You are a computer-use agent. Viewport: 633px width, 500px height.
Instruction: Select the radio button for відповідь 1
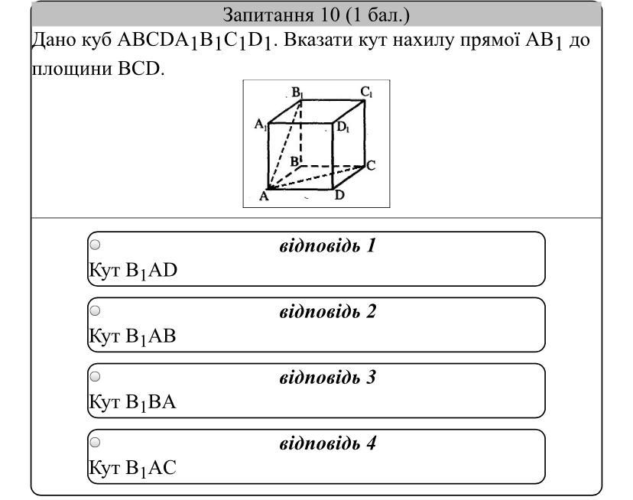coord(95,245)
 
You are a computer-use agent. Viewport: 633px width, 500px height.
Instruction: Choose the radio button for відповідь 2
coord(95,310)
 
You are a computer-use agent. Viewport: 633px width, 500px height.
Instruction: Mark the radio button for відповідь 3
coord(95,376)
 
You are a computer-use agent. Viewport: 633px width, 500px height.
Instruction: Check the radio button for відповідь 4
coord(95,442)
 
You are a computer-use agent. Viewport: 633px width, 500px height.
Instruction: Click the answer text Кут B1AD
coord(133,271)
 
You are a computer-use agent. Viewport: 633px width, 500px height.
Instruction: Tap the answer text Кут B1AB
coord(133,336)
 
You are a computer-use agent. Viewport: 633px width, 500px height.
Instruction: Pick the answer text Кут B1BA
coord(133,402)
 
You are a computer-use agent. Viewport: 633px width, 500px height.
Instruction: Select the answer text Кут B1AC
coord(133,468)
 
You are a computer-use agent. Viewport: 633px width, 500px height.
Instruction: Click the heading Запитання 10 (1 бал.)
coord(316,15)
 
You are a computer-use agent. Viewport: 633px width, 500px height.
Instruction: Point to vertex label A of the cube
coord(264,196)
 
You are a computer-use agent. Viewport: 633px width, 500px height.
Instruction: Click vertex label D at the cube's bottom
coord(339,195)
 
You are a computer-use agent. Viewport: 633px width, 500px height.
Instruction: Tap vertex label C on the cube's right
coord(371,165)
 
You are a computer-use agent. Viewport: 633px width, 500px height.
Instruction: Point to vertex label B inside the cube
coord(294,161)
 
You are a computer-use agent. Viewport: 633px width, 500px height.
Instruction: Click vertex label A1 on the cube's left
coord(261,125)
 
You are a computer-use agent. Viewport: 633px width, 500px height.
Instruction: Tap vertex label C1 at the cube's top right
coord(367,93)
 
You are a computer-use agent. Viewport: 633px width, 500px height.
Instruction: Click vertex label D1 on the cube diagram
coord(343,127)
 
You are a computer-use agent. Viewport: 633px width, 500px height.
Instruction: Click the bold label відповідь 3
coord(328,377)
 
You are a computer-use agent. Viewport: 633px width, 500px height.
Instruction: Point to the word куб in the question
coord(96,41)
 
